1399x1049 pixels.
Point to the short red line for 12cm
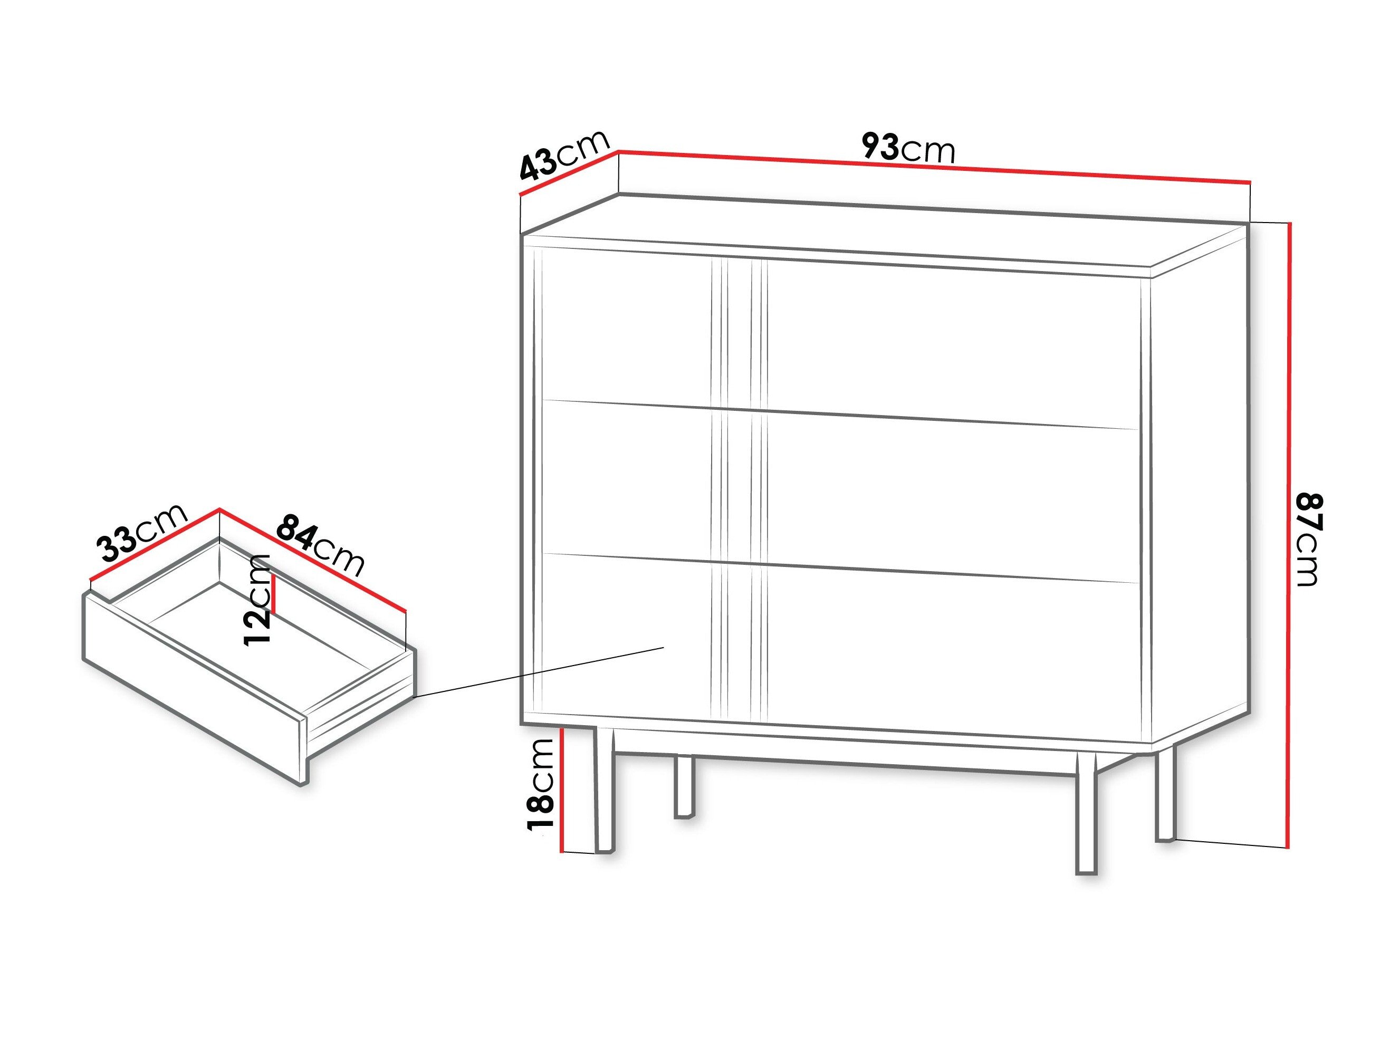(x=274, y=595)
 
